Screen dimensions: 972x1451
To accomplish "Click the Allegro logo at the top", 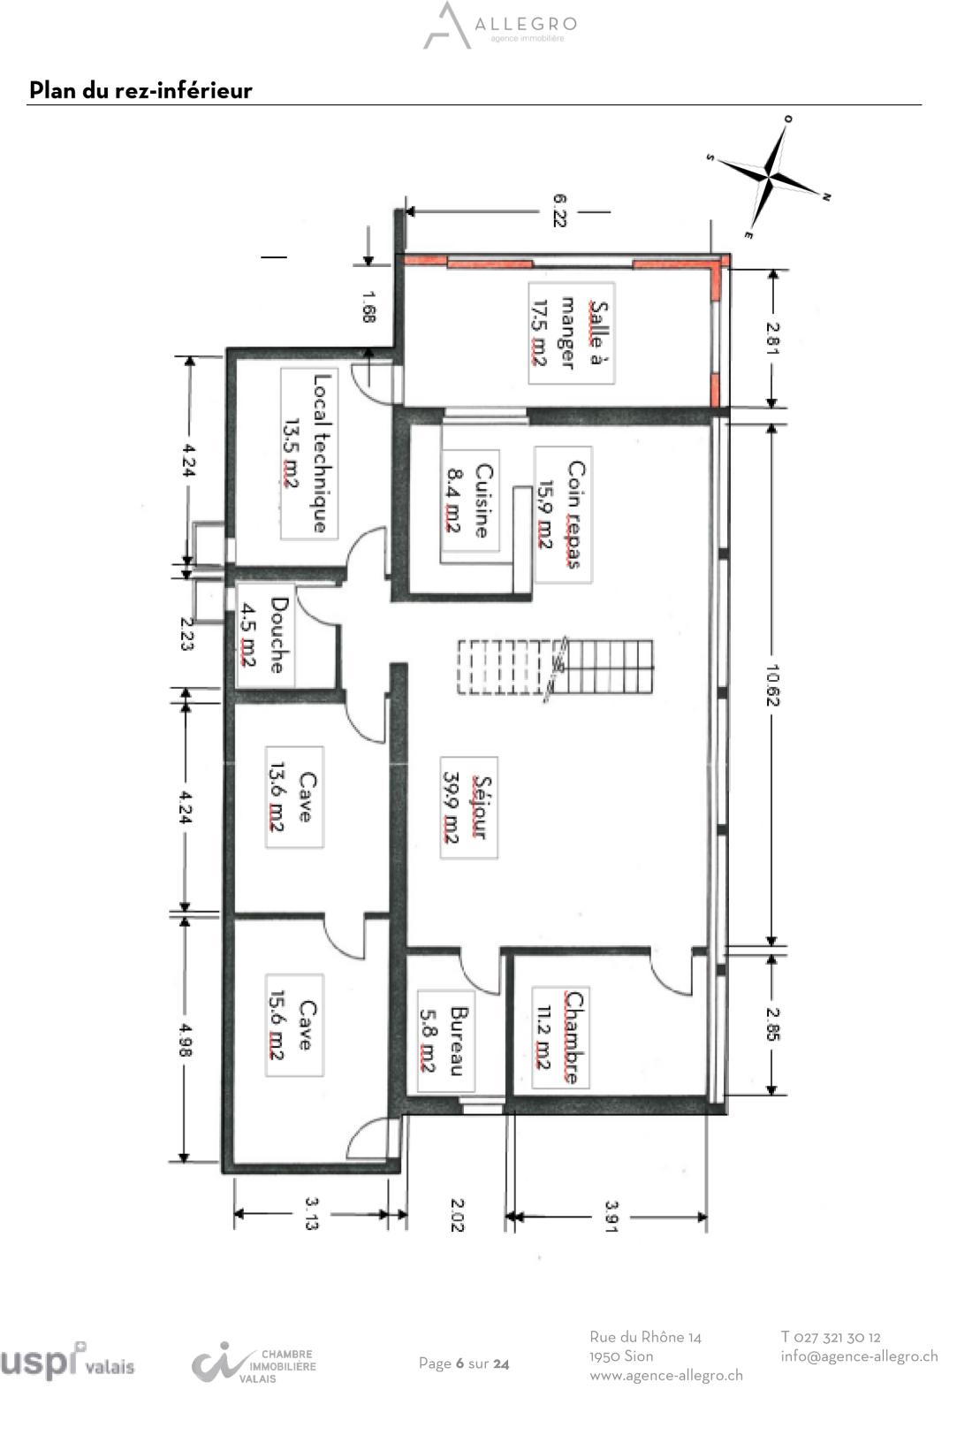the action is point(500,26).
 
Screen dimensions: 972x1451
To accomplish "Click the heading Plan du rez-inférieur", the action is point(140,90).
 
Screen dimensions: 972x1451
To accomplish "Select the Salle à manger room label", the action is point(572,333).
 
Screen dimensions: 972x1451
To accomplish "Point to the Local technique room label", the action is point(308,454).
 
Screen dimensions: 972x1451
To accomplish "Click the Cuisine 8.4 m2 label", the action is point(470,500).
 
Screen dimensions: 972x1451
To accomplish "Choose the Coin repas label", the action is point(563,515).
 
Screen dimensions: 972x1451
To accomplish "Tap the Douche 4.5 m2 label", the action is point(265,636).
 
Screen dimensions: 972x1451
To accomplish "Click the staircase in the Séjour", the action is point(555,668).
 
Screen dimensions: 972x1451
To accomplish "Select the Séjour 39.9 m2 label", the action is point(469,807).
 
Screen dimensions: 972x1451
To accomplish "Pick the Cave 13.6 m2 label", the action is point(294,798).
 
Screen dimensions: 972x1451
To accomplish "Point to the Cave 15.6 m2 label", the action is point(294,1026).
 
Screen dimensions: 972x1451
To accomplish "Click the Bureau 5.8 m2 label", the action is point(446,1041).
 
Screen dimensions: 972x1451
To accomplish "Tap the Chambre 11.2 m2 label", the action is point(560,1037).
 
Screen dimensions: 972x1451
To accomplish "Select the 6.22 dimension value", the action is point(559,210).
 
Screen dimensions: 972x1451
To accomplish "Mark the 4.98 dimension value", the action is point(185,1040).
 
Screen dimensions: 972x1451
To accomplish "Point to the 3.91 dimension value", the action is point(611,1217).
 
